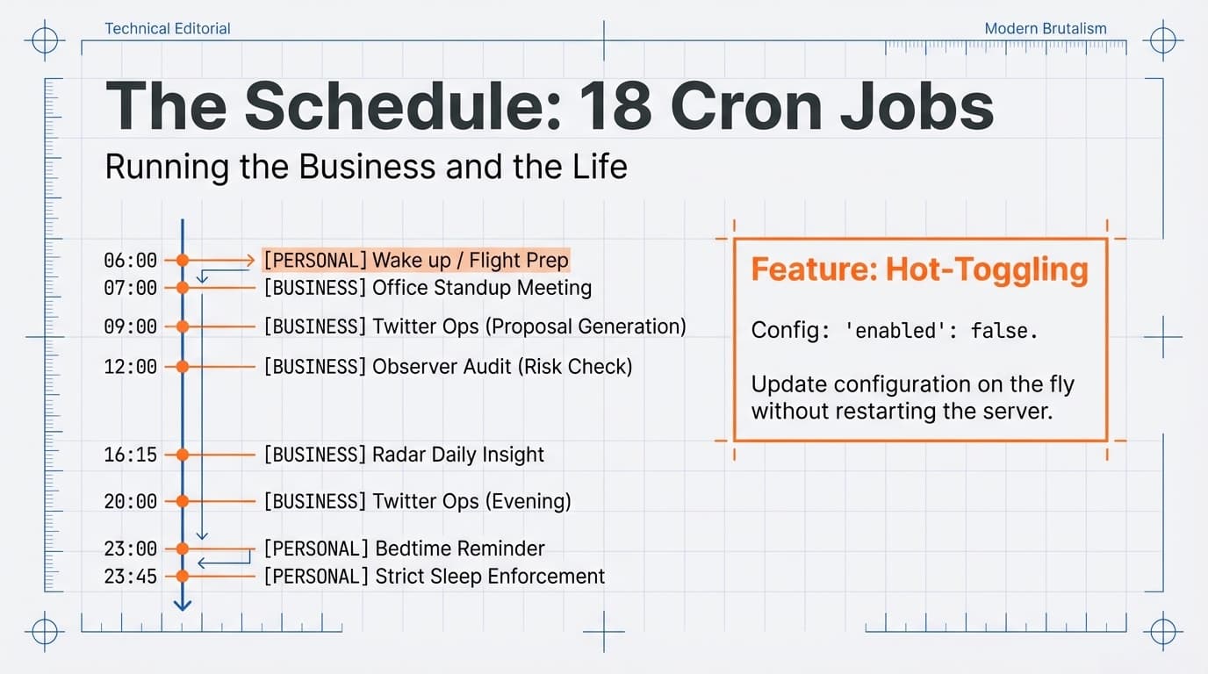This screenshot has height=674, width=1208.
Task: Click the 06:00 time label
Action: click(130, 261)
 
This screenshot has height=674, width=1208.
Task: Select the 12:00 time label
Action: click(130, 366)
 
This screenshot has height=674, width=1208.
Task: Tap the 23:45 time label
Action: click(130, 577)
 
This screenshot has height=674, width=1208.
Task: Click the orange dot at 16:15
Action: click(183, 455)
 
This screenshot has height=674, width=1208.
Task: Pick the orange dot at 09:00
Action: click(183, 326)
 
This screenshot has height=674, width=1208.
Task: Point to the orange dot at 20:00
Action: click(183, 501)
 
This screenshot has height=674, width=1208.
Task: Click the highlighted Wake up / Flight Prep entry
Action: click(416, 261)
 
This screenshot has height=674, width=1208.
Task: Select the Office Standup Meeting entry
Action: click(428, 288)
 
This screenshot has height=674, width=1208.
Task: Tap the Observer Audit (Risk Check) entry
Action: click(448, 366)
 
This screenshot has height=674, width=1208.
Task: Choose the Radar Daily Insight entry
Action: click(404, 455)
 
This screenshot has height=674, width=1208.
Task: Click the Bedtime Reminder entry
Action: click(404, 549)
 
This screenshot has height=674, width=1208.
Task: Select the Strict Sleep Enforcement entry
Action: click(434, 577)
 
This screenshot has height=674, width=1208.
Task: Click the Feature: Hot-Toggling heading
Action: click(919, 269)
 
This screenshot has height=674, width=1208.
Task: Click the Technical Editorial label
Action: click(168, 29)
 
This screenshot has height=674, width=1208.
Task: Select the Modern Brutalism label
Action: click(1046, 29)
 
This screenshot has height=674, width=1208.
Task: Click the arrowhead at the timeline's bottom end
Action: click(183, 605)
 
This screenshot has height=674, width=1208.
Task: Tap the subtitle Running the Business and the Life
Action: click(366, 167)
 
